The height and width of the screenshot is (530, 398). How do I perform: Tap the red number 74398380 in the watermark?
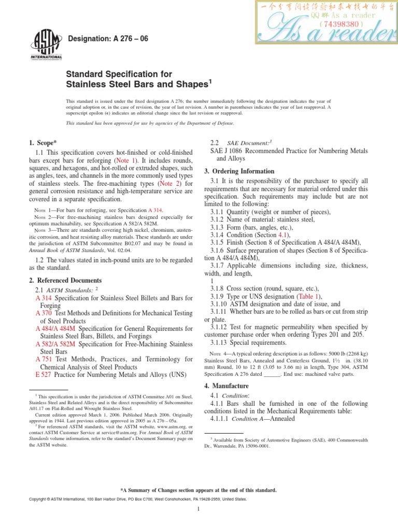click(340, 23)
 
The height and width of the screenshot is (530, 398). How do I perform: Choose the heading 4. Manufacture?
click(226, 386)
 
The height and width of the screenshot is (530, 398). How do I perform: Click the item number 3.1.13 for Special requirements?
click(221, 342)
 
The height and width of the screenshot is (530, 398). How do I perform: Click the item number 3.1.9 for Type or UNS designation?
click(220, 297)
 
